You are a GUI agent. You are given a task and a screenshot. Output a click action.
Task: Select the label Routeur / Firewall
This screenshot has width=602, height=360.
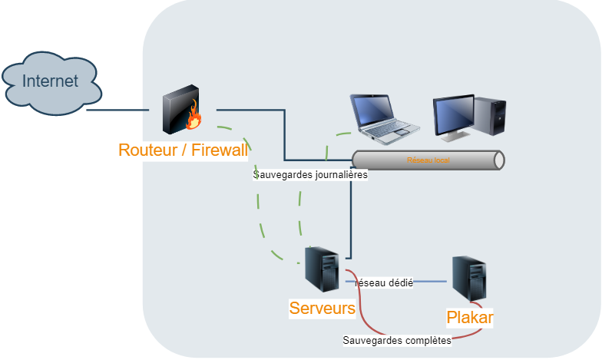coord(183,150)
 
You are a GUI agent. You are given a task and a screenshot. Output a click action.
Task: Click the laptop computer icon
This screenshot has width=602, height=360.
coord(383,120)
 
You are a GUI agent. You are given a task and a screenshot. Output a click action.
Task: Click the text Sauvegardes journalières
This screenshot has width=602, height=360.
coord(311,174)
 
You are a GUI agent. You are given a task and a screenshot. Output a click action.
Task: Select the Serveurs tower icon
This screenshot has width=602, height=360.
coord(322,269)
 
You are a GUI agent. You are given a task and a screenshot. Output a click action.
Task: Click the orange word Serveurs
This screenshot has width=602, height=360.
coord(322,309)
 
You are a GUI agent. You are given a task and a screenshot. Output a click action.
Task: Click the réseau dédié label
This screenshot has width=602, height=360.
coord(385,283)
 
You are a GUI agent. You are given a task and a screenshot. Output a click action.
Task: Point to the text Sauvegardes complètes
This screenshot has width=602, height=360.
coord(397,339)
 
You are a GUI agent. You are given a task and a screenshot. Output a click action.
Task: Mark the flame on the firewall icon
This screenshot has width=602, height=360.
coord(194,117)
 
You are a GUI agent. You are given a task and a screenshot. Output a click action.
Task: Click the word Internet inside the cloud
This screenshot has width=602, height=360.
coord(51,81)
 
